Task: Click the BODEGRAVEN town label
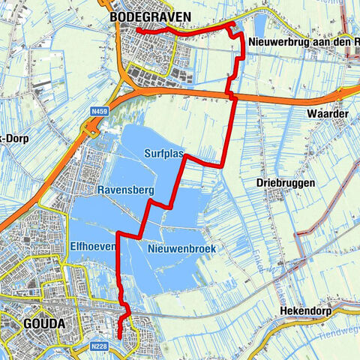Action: point(149,16)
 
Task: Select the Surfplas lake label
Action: point(164,152)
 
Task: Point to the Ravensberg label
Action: point(125,190)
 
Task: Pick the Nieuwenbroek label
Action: point(177,248)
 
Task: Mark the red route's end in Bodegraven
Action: point(137,31)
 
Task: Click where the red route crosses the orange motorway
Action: point(231,95)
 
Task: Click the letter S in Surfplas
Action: point(147,152)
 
